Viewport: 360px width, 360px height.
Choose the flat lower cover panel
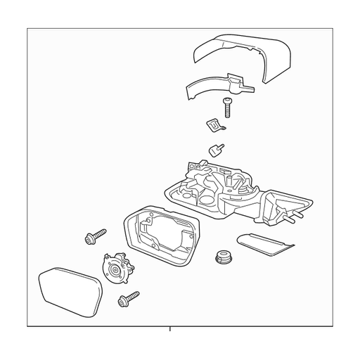pyautogui.click(x=264, y=244)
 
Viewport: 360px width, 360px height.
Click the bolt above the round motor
pyautogui.click(x=95, y=236)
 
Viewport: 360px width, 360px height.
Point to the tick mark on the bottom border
pyautogui.click(x=169, y=329)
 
